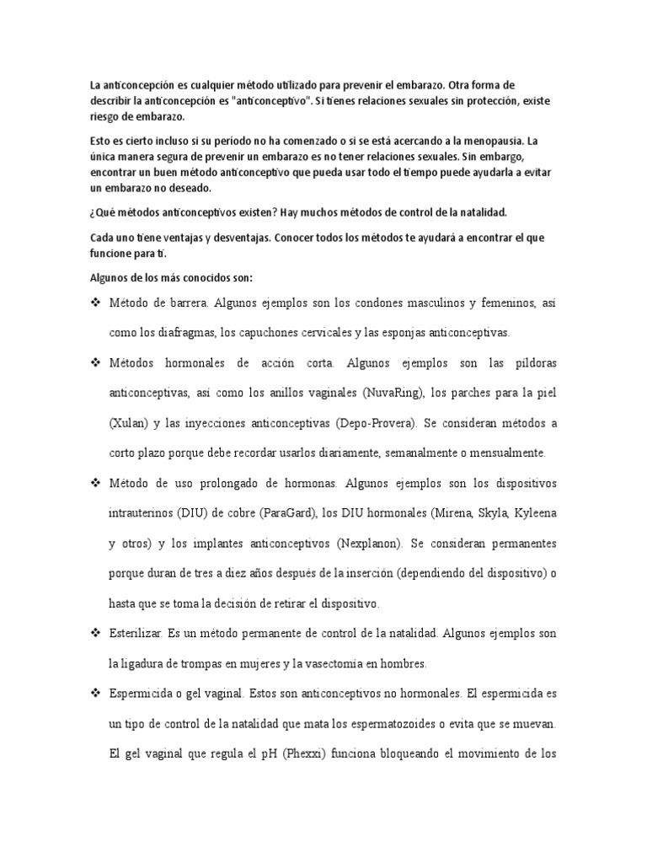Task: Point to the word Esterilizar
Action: coord(137,633)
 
